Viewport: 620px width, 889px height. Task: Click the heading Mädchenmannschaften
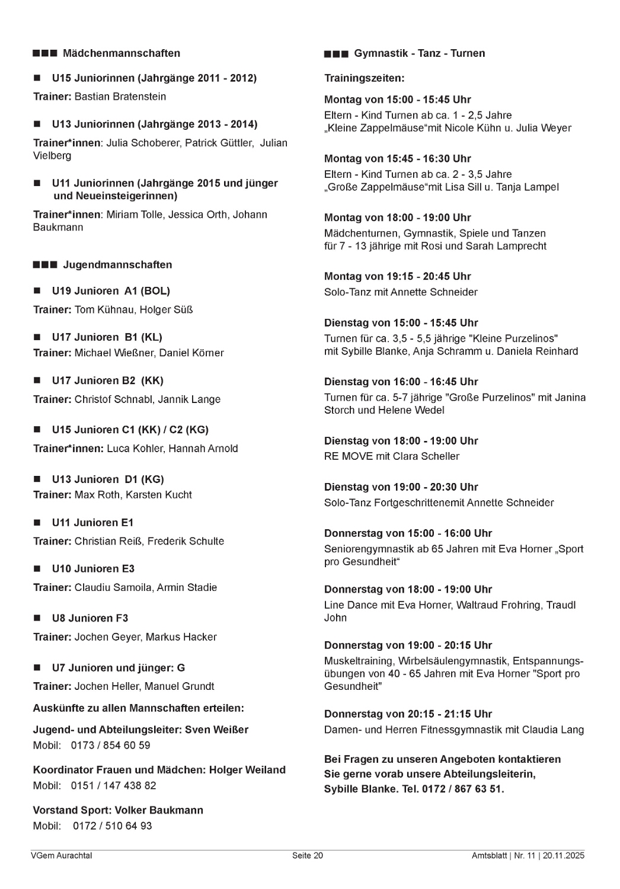pyautogui.click(x=121, y=53)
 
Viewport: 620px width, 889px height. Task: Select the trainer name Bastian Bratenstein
pyautogui.click(x=120, y=97)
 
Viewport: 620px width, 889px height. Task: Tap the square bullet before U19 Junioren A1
pyautogui.click(x=37, y=291)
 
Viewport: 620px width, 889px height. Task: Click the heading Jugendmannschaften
pyautogui.click(x=117, y=265)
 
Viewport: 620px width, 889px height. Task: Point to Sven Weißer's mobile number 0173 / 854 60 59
pyautogui.click(x=110, y=746)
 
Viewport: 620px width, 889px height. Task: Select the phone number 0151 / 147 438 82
pyautogui.click(x=113, y=786)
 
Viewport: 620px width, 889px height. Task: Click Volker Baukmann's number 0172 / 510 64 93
pyautogui.click(x=112, y=826)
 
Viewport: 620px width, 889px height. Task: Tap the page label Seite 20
pyautogui.click(x=308, y=856)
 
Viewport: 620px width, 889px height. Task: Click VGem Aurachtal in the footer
pyautogui.click(x=61, y=856)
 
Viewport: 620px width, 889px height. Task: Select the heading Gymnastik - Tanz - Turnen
pyautogui.click(x=419, y=53)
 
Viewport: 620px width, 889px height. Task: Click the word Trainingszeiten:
pyautogui.click(x=365, y=78)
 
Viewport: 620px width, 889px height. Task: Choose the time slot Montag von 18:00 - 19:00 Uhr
pyautogui.click(x=397, y=218)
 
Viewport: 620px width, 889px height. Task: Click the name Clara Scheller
pyautogui.click(x=426, y=456)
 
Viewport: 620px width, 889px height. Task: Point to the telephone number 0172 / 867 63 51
pyautogui.click(x=462, y=789)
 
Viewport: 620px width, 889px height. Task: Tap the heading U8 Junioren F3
pyautogui.click(x=90, y=618)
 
